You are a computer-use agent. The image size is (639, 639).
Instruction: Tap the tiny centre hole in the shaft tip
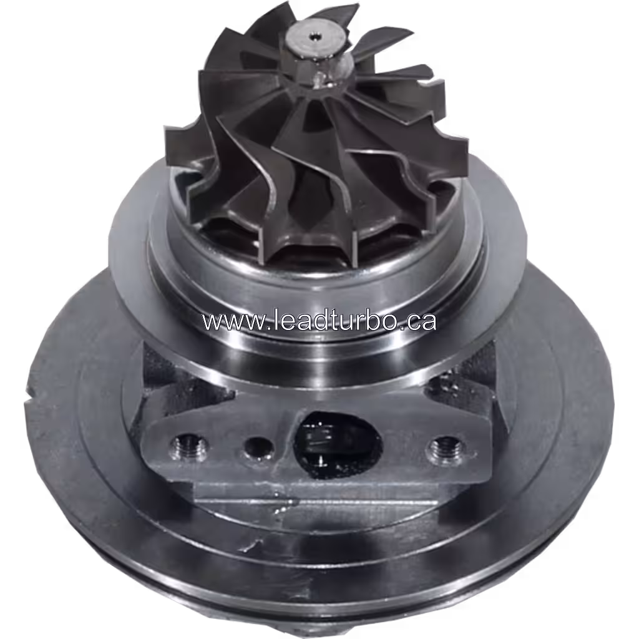pos(311,37)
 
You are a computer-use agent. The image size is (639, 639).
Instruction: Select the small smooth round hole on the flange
pos(258,447)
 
